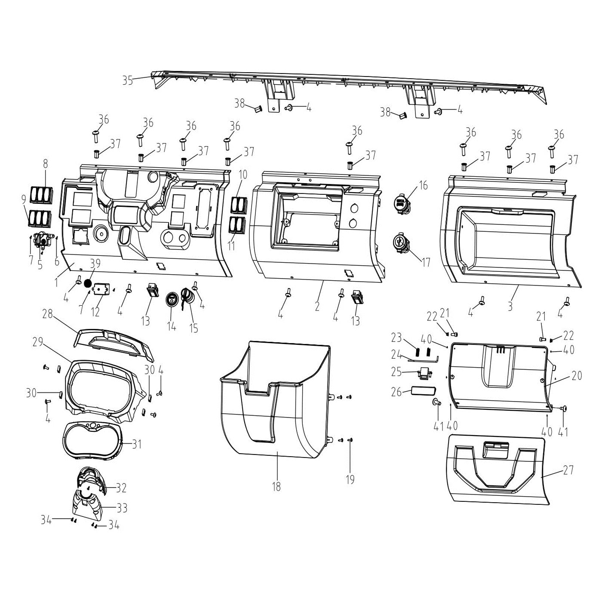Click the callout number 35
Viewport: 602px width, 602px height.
tap(127, 80)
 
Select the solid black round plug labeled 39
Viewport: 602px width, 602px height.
tap(88, 283)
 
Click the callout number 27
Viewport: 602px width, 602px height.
tap(568, 470)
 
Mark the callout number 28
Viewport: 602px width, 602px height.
tap(47, 314)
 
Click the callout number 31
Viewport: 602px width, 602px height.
tap(136, 443)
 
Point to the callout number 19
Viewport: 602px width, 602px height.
tap(350, 479)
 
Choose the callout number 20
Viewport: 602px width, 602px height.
tap(576, 375)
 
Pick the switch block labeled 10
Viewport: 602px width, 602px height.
tap(238, 205)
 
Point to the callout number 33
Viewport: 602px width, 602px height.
tap(122, 508)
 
